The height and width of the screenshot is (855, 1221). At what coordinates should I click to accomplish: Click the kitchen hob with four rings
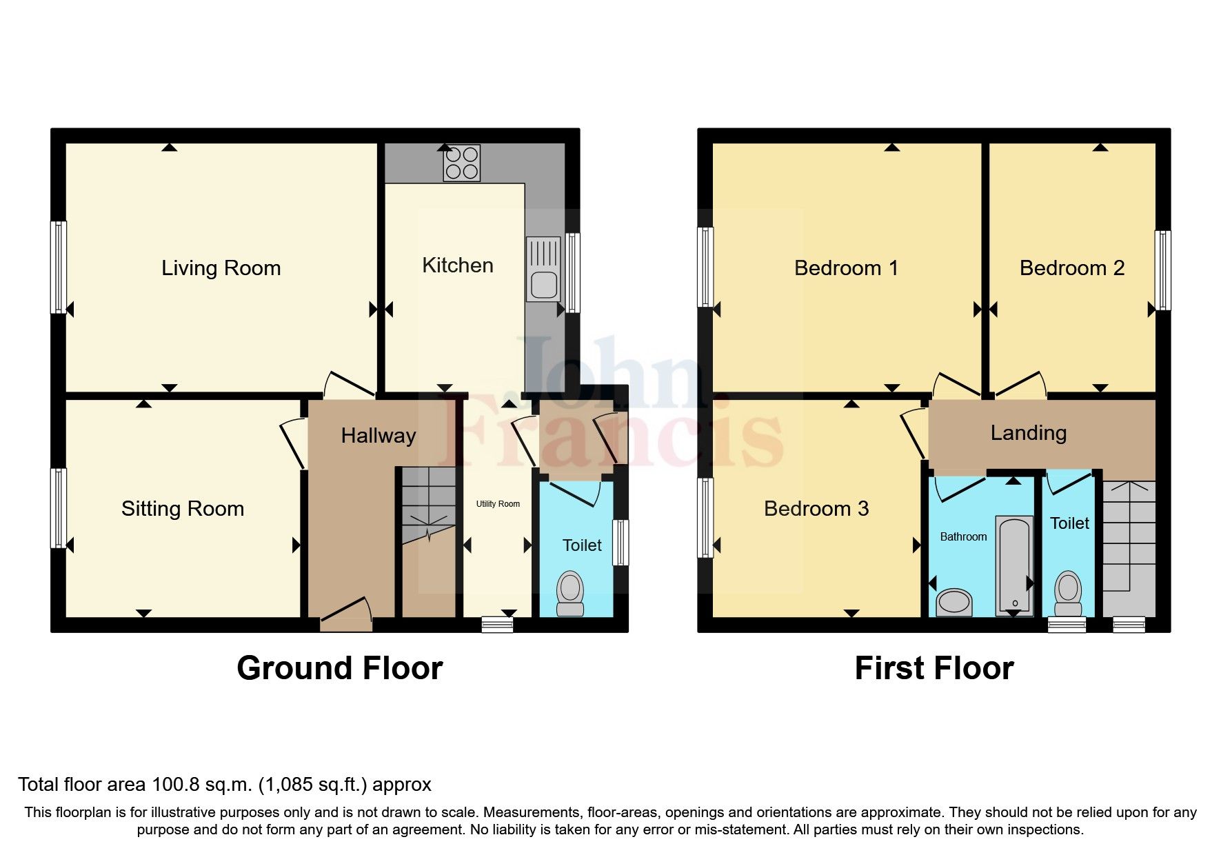point(462,163)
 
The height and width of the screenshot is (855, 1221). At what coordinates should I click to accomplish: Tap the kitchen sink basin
point(544,284)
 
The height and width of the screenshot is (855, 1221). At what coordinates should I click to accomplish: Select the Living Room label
point(221,268)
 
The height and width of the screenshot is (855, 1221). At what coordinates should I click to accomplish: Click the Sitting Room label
point(183,509)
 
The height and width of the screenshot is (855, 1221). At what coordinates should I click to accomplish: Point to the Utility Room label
point(498,504)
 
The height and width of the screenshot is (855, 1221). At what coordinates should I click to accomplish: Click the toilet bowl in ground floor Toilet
point(570,593)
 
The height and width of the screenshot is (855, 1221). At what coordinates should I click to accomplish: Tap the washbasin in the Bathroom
point(954,602)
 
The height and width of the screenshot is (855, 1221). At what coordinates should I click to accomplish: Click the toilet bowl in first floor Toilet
point(1068,593)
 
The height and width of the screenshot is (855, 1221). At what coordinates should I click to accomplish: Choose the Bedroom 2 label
point(1071,268)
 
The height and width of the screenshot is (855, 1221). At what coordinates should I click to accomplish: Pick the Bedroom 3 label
point(816,509)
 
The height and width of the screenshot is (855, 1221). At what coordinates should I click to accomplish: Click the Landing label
point(1028,433)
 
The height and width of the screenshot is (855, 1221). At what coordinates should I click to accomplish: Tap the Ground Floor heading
point(339,668)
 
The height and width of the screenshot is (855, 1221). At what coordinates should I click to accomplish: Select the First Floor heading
point(934,668)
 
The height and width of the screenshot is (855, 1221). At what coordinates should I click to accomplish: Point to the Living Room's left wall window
point(60,267)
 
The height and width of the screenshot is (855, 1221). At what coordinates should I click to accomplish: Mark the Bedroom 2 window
point(1162,270)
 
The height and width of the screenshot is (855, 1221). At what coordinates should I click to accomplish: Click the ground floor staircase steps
point(428,503)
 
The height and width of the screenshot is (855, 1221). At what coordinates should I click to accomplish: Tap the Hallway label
point(379,436)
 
